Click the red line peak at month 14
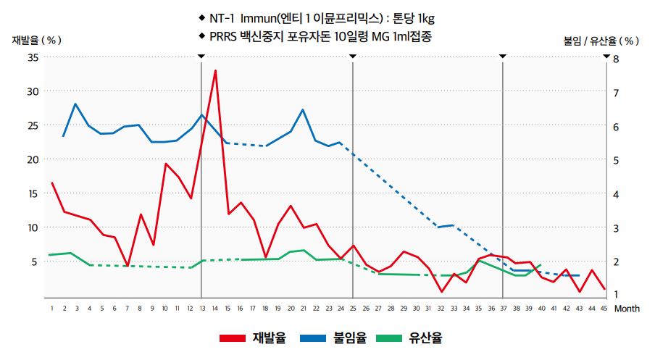point(215,70)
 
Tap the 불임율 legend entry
point(333,338)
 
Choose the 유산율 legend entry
point(409,338)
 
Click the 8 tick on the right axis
point(616,58)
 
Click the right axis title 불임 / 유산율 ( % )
point(601,41)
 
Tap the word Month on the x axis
point(627,308)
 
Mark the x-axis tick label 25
point(353,308)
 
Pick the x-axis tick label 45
point(604,308)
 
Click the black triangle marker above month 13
point(201,56)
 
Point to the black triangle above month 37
point(503,56)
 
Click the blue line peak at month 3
point(76,104)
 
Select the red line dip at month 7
point(128,267)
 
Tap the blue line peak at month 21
point(302,109)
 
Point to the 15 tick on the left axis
point(32,193)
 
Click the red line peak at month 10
point(165,164)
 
